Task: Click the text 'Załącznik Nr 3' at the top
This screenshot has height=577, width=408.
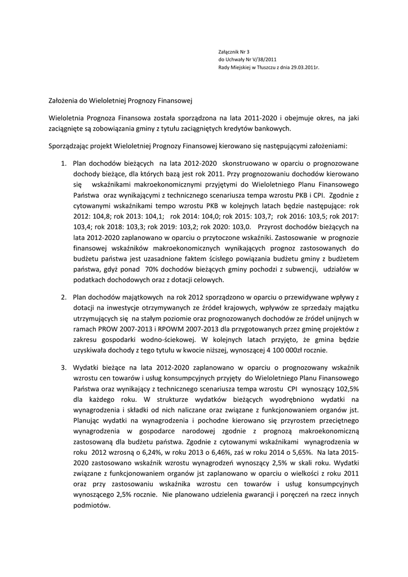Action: (234, 51)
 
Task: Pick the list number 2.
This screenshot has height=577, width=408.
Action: (64, 297)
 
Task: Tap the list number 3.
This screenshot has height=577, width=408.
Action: (64, 367)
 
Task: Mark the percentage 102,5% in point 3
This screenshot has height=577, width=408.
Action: (346, 388)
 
